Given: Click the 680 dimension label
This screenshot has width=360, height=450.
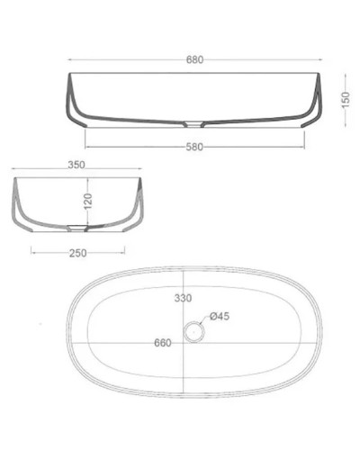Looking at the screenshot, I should [x=195, y=60].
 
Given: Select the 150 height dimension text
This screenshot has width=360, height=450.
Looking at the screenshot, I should [x=345, y=98].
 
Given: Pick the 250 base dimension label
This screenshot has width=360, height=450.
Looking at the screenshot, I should [x=79, y=253].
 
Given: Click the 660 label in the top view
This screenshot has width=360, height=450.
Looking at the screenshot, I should [x=163, y=343].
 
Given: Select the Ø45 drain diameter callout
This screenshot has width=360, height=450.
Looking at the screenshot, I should [x=220, y=316].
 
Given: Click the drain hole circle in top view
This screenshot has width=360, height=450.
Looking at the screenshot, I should [x=192, y=332].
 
